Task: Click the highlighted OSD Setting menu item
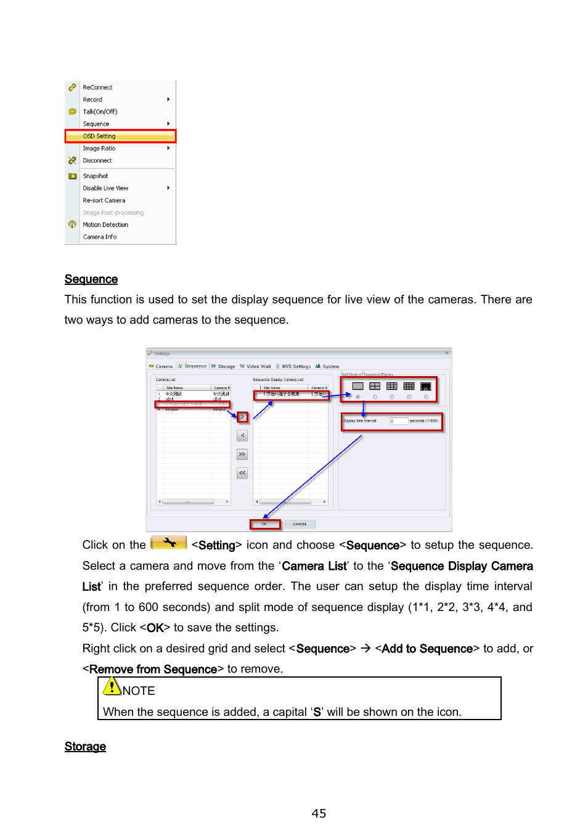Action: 99,136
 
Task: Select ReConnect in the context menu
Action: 97,88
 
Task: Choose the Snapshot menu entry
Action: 96,176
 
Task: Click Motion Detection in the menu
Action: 105,225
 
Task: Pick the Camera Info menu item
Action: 99,237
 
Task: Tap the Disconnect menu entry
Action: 97,161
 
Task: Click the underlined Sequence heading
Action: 91,279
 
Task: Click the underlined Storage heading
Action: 85,747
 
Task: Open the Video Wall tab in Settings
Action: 258,366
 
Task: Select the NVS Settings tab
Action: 296,366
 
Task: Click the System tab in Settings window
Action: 330,366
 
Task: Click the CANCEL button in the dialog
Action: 300,524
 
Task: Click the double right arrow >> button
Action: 242,454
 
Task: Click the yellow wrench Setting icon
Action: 168,543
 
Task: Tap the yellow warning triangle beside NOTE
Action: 112,686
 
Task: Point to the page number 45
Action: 319,813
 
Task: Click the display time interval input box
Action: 398,421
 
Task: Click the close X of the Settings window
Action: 447,353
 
